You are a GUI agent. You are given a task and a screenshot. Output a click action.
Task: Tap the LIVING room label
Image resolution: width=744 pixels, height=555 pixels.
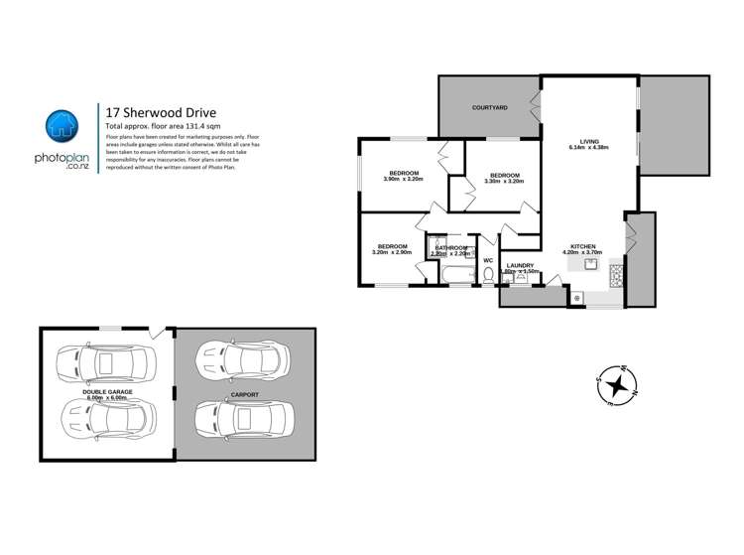tap(588, 141)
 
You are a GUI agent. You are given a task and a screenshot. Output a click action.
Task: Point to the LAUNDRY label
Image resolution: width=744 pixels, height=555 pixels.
tap(521, 265)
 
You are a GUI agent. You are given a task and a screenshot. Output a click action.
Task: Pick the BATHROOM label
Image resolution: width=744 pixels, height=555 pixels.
tap(450, 247)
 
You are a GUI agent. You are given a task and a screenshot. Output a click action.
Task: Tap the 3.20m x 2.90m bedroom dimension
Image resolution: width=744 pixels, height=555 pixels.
tap(392, 252)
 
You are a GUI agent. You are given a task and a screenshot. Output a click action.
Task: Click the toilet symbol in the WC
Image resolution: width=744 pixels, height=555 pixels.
tap(487, 275)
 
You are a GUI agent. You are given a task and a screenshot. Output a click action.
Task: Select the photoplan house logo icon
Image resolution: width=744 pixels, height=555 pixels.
tap(62, 126)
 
